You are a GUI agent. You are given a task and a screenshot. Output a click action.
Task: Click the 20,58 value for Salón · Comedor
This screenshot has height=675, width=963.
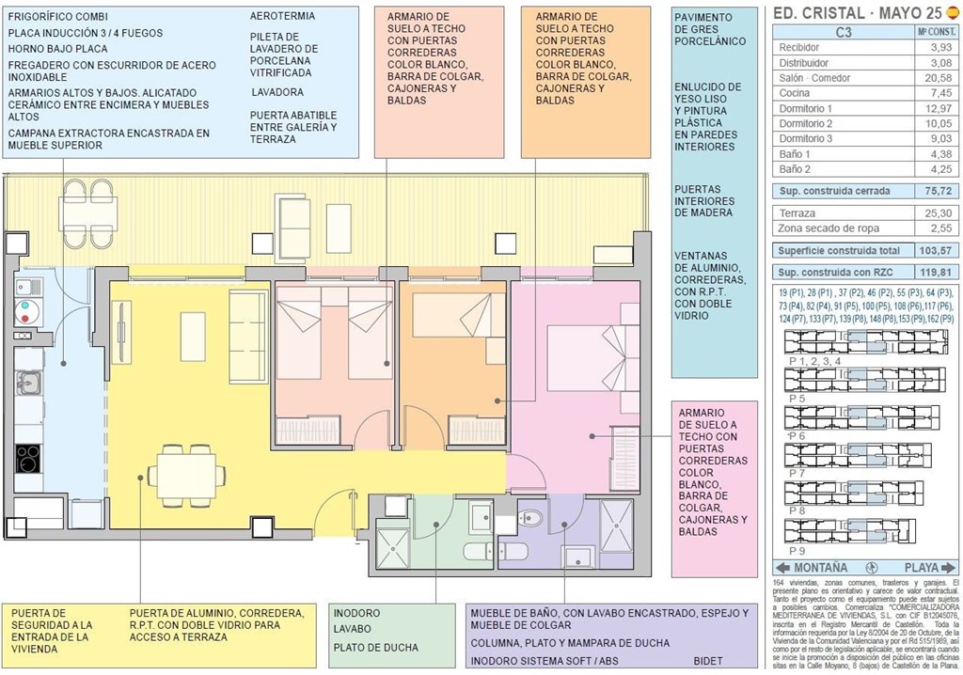937,78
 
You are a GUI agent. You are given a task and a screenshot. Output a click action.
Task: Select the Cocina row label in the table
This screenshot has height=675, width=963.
796,93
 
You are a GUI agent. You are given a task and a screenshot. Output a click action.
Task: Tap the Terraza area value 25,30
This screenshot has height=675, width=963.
937,213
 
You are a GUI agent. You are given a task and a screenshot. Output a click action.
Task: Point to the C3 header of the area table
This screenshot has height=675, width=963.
844,31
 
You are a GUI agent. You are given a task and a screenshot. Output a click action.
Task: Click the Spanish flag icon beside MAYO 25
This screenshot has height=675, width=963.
951,13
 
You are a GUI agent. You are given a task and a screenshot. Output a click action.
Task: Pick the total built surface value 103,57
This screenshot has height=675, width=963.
935,251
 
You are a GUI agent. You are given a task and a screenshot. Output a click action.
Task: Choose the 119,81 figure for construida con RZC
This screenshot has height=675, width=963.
935,273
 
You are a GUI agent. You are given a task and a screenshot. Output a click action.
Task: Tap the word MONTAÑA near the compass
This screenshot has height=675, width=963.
820,568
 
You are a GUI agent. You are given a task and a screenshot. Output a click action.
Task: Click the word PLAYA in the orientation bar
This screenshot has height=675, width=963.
922,568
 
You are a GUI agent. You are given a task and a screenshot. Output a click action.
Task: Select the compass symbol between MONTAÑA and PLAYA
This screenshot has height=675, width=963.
872,568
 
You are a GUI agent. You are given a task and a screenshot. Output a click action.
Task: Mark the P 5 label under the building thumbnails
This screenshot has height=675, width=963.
797,399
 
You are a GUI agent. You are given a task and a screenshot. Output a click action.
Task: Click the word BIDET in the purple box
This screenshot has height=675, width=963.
707,661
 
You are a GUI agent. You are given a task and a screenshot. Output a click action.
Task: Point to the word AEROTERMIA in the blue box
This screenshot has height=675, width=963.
282,16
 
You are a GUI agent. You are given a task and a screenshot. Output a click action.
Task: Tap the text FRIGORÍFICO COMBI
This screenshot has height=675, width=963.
57,17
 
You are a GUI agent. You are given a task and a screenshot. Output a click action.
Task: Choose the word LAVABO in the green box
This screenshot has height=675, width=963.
354,629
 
